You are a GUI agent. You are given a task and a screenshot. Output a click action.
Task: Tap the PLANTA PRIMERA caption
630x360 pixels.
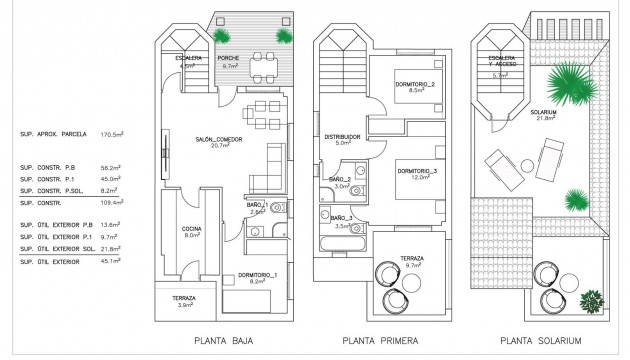pyautogui.click(x=374, y=340)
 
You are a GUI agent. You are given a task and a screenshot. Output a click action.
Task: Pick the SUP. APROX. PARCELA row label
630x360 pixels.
pyautogui.click(x=53, y=133)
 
